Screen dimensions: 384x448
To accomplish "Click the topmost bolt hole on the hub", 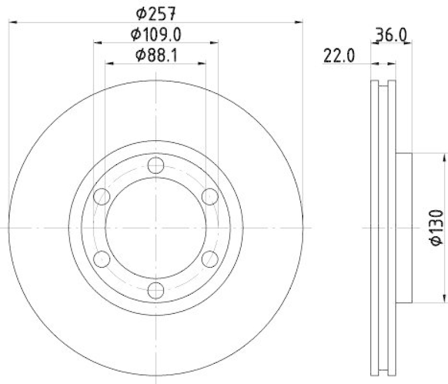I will click(156, 165).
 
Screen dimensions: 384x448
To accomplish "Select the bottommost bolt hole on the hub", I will click(156, 290).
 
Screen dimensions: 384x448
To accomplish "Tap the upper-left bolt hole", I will click(101, 196).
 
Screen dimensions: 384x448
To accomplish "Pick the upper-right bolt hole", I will click(209, 196).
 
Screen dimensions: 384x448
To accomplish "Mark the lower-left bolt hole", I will click(101, 259).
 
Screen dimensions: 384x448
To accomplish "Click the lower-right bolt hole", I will click(209, 259).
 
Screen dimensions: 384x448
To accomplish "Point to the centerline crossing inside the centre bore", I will click(156, 228).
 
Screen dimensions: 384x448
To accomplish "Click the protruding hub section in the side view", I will click(404, 228).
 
